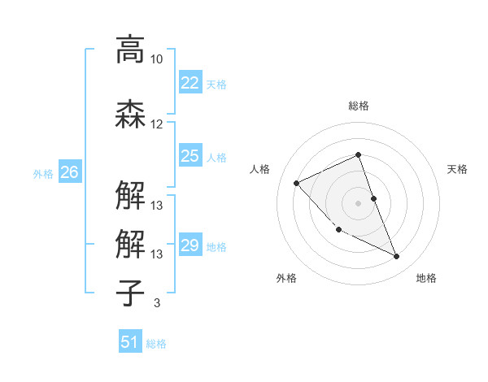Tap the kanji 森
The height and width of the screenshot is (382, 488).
[x=130, y=113]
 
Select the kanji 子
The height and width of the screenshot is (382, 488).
[x=130, y=292]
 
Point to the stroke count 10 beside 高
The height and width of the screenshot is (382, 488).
[x=156, y=59]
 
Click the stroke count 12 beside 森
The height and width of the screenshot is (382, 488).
[x=156, y=124]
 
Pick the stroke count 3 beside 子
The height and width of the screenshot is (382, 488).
[x=156, y=303]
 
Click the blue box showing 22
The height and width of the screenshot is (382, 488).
[x=190, y=83]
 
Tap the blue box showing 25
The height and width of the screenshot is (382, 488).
[x=190, y=156]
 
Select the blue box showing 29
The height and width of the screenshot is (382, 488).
[x=190, y=245]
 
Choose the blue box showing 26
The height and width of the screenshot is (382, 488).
[x=70, y=172]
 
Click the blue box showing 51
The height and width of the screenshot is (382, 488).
[x=130, y=342]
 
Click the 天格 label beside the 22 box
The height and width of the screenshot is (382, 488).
[x=216, y=84]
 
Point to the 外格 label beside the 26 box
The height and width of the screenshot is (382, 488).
[x=43, y=173]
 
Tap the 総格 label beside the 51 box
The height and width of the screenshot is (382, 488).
[x=156, y=343]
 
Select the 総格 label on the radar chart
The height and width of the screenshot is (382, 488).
[x=358, y=106]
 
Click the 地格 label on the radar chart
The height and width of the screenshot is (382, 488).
[x=426, y=278]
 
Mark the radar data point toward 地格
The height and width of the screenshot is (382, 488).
[x=397, y=257]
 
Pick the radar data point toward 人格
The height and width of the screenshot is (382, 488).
[x=297, y=183]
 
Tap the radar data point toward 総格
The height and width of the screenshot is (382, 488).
[x=358, y=154]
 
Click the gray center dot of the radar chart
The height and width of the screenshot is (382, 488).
[x=358, y=202]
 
